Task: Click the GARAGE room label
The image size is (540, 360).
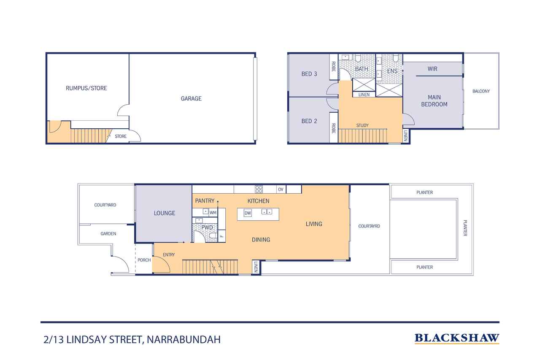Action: pyautogui.click(x=191, y=98)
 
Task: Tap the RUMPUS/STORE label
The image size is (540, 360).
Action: pyautogui.click(x=86, y=88)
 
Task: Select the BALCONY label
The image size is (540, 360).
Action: pyautogui.click(x=481, y=91)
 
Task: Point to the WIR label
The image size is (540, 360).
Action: pyautogui.click(x=432, y=69)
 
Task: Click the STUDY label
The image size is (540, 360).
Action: pyautogui.click(x=362, y=125)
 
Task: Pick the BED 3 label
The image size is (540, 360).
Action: pyautogui.click(x=309, y=74)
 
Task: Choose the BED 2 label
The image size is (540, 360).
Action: pyautogui.click(x=309, y=121)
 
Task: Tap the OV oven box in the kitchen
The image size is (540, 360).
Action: pyautogui.click(x=281, y=189)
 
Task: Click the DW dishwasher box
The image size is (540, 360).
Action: pyautogui.click(x=248, y=213)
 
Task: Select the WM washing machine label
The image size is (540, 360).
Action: pyautogui.click(x=213, y=213)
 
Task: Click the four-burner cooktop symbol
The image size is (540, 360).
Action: pyautogui.click(x=259, y=189)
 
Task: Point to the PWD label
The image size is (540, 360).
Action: pyautogui.click(x=207, y=227)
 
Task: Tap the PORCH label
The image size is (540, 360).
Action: pyautogui.click(x=144, y=260)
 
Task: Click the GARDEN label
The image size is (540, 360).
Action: pyautogui.click(x=108, y=233)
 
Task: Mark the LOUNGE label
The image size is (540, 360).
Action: pyautogui.click(x=165, y=213)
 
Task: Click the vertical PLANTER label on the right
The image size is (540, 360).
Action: pyautogui.click(x=465, y=228)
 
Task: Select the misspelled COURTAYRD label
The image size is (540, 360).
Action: pyautogui.click(x=369, y=226)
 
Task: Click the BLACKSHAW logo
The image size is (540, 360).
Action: pyautogui.click(x=457, y=338)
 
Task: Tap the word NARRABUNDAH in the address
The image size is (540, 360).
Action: pyautogui.click(x=184, y=339)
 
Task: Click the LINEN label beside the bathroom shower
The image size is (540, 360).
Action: pyautogui.click(x=364, y=95)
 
